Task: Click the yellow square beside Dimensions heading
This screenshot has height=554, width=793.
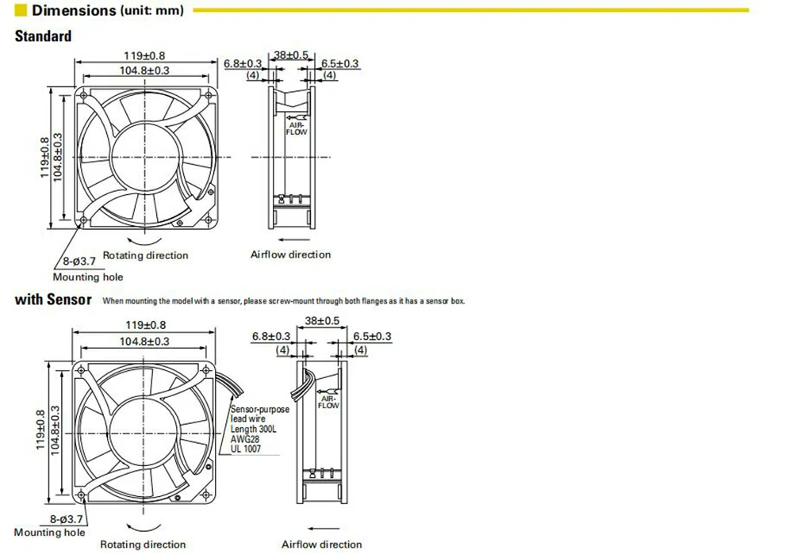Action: click(21, 11)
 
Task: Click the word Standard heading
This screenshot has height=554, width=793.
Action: click(43, 36)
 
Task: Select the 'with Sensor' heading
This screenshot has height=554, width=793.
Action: click(53, 300)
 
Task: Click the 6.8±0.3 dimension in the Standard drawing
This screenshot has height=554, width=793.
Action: click(243, 63)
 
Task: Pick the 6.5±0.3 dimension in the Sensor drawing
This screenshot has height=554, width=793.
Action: click(372, 337)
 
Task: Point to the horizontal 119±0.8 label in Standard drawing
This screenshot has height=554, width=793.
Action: click(144, 56)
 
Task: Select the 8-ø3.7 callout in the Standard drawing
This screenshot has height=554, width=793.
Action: click(79, 261)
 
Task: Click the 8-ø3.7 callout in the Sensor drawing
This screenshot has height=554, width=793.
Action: click(67, 518)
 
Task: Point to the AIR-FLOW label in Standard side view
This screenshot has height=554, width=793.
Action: click(297, 128)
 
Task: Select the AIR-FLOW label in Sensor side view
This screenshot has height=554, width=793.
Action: click(328, 402)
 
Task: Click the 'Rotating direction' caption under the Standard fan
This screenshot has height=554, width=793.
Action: click(146, 255)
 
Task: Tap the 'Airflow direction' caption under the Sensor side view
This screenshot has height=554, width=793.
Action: click(321, 544)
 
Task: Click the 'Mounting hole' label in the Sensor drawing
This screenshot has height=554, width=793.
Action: click(49, 533)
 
